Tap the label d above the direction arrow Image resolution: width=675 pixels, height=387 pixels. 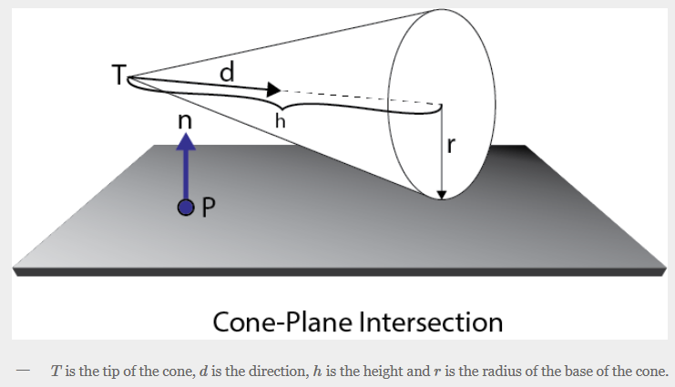click(226, 70)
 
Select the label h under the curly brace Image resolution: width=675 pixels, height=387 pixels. click(281, 118)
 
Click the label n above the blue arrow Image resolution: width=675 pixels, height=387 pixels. click(186, 117)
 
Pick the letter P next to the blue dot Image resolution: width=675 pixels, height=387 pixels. click(208, 209)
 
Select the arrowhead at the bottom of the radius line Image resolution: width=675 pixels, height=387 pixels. click(442, 192)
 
